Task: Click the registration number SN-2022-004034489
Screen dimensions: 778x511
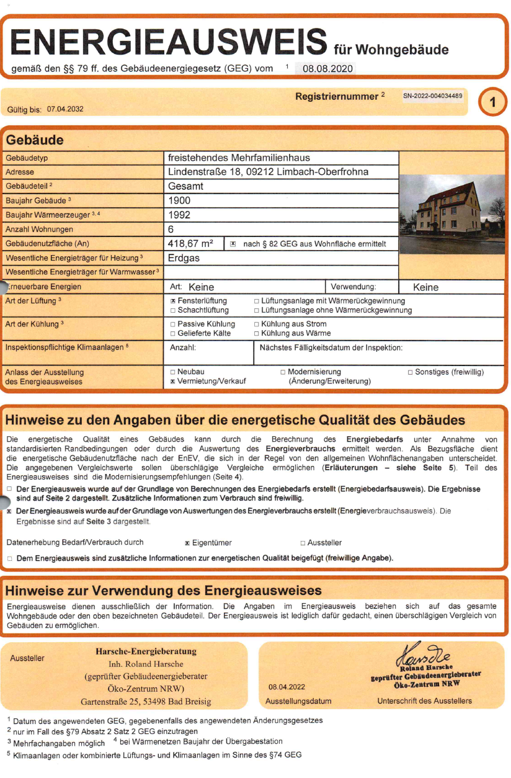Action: [433, 96]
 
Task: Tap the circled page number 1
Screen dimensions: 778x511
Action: [493, 102]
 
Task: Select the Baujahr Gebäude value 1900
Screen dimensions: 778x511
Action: [179, 200]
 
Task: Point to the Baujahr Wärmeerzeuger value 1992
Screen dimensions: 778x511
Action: [179, 215]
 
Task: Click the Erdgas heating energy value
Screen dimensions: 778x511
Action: [184, 258]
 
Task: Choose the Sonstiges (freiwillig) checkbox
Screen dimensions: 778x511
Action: [410, 372]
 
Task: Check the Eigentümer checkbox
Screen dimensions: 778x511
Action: [187, 543]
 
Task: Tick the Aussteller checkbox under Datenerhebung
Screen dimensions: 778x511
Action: [303, 543]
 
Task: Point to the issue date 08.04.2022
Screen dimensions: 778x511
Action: [288, 687]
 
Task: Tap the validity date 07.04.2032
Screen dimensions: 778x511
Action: [65, 109]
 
